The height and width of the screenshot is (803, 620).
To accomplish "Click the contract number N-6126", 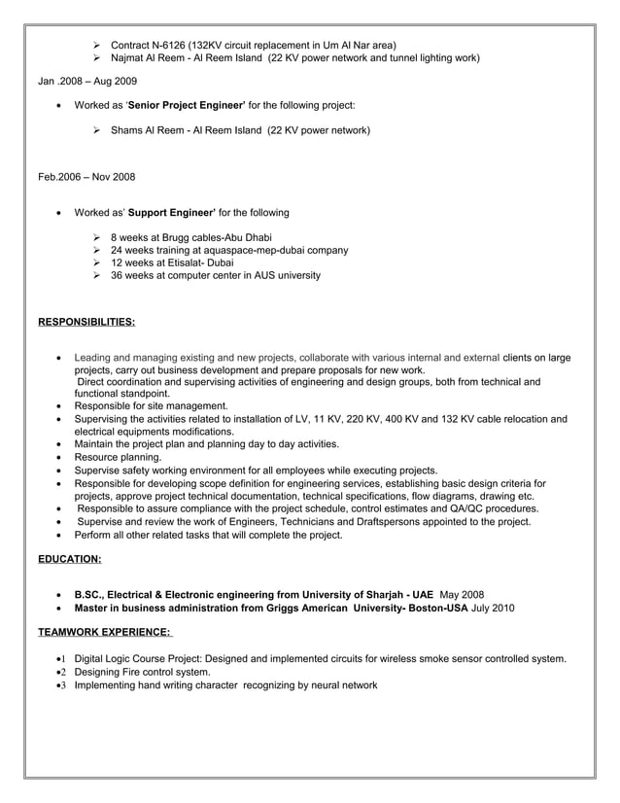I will pos(173,45).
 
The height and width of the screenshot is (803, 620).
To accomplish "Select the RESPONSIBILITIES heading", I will pos(86,321).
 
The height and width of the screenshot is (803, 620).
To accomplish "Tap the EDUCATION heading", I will pos(69,559).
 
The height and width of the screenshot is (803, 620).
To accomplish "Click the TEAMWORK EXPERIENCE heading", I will pos(104,633).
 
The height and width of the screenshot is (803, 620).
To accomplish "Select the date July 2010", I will pos(493,608).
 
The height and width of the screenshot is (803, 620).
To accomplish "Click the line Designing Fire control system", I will pos(142,672).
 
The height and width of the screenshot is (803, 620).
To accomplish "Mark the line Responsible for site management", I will pos(151,406).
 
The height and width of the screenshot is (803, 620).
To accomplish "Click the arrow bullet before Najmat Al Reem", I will pos(98,58).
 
